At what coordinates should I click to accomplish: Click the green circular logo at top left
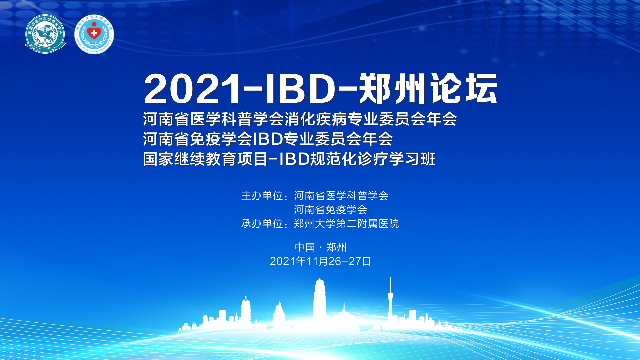pyautogui.click(x=45, y=34)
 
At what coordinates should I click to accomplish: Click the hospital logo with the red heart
pyautogui.click(x=94, y=34)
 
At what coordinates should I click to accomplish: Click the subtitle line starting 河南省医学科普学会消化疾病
pyautogui.click(x=300, y=119)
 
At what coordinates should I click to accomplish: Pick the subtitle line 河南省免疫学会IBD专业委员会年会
pyautogui.click(x=268, y=139)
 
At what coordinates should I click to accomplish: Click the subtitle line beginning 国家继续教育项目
pyautogui.click(x=289, y=159)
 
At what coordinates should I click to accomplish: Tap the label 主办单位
pyautogui.click(x=262, y=196)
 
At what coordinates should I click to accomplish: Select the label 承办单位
pyautogui.click(x=262, y=224)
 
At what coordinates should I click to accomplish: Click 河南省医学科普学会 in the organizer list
pyautogui.click(x=341, y=196)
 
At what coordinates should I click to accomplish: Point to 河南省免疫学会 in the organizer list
pyautogui.click(x=330, y=210)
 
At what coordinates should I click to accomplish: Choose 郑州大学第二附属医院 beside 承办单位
pyautogui.click(x=346, y=224)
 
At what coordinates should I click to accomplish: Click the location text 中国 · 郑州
pyautogui.click(x=321, y=247)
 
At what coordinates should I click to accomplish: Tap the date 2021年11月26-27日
pyautogui.click(x=320, y=261)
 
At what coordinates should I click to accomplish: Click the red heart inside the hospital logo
pyautogui.click(x=94, y=32)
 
